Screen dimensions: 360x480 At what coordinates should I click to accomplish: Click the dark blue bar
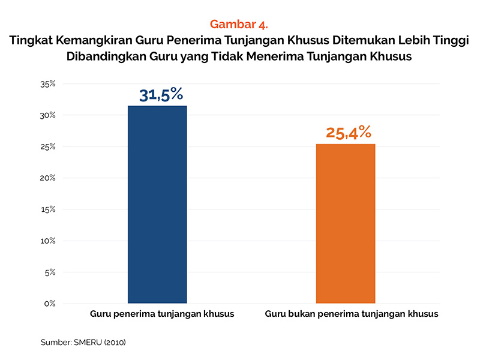coord(157,204)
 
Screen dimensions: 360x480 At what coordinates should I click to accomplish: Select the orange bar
coord(345,223)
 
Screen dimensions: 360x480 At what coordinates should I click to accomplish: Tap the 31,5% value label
coord(161,95)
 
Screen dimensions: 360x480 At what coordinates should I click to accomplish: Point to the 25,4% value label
coord(349,133)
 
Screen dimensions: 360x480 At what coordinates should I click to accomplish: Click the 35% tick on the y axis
coord(48,84)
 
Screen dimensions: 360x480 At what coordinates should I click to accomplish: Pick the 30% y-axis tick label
coord(48,115)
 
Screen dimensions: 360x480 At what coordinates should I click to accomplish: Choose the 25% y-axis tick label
coord(48,146)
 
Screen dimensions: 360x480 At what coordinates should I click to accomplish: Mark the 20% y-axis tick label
coord(48,178)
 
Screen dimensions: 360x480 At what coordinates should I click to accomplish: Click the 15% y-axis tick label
coord(48,209)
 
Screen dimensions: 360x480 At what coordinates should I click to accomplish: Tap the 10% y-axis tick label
coord(48,241)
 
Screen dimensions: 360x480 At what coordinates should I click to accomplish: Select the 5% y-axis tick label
coord(50,272)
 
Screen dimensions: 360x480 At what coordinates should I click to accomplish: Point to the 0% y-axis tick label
coord(50,304)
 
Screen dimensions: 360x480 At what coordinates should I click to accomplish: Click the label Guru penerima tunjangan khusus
coord(162,314)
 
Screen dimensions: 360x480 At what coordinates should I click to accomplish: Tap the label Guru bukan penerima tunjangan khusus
coord(352,314)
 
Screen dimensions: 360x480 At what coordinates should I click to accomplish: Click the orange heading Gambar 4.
coord(239,25)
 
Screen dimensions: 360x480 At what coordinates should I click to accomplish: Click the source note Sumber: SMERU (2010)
coord(83,343)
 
